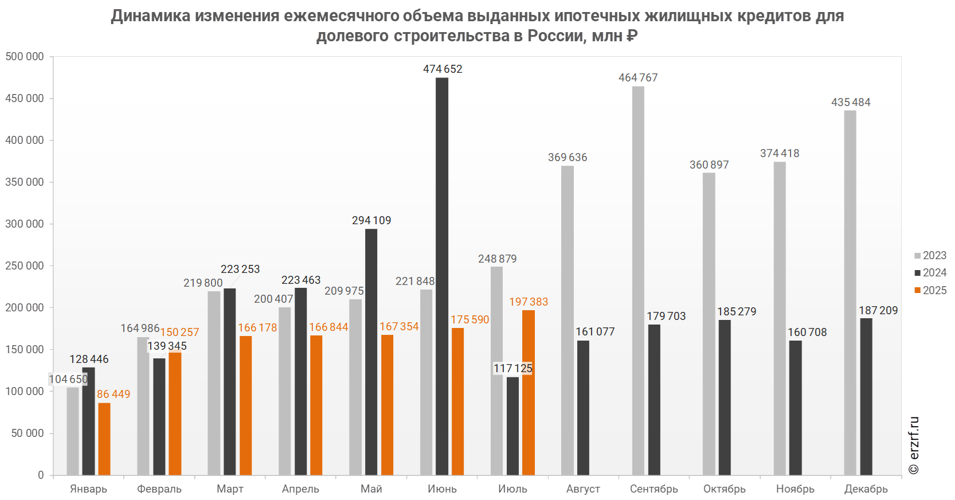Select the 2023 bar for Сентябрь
[638, 280]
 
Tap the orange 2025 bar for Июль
[529, 392]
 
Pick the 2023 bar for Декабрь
[850, 292]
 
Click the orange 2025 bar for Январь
[104, 439]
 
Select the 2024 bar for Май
[371, 351]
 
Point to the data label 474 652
[443, 69]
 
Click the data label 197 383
[529, 302]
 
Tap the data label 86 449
[113, 394]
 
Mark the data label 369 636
[567, 158]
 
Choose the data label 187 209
[878, 311]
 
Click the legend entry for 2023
[930, 256]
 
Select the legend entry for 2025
[930, 291]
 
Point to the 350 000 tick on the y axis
[25, 182]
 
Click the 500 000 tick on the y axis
[25, 57]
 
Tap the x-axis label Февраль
[159, 489]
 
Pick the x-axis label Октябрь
[725, 489]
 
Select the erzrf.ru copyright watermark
[914, 446]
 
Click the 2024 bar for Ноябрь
[795, 408]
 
